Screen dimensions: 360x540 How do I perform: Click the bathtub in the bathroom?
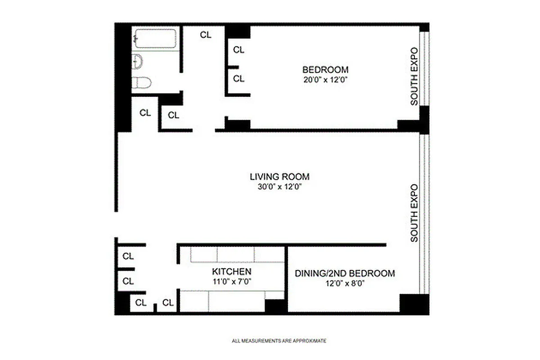tap(155, 38)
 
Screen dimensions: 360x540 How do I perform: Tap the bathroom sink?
tap(137, 62)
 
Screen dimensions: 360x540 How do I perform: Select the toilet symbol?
tap(142, 83)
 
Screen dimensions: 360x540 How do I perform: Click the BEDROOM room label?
tap(325, 70)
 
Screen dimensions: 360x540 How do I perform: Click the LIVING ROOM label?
tap(280, 177)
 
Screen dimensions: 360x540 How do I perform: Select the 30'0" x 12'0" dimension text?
tap(280, 187)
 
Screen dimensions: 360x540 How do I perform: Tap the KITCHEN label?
tap(231, 272)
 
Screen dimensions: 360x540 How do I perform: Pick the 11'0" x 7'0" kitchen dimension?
tap(231, 282)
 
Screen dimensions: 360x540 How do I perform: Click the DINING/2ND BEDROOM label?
tap(345, 273)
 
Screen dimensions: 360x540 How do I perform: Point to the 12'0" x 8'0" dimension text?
tap(345, 283)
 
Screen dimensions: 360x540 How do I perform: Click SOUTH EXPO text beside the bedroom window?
tap(414, 76)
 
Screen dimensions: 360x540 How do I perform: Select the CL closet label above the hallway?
tap(206, 35)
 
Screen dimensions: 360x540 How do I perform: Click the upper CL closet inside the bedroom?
tap(238, 50)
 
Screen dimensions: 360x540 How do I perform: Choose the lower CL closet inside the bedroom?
tap(238, 79)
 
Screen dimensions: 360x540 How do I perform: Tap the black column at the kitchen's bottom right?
tap(275, 306)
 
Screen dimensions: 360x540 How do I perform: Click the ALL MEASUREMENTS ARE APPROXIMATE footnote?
tap(279, 341)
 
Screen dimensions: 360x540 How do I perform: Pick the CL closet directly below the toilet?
tap(145, 113)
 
